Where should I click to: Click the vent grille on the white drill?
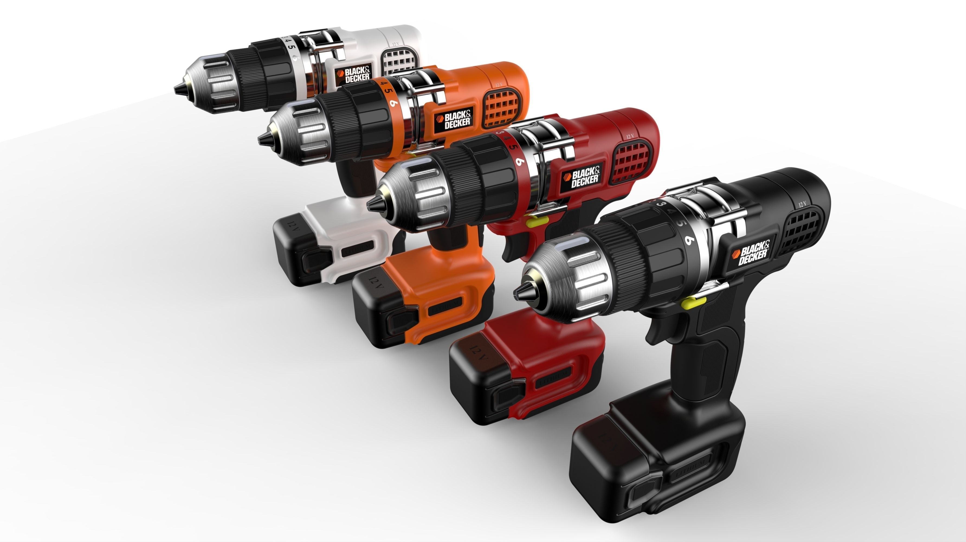click(x=399, y=63)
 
